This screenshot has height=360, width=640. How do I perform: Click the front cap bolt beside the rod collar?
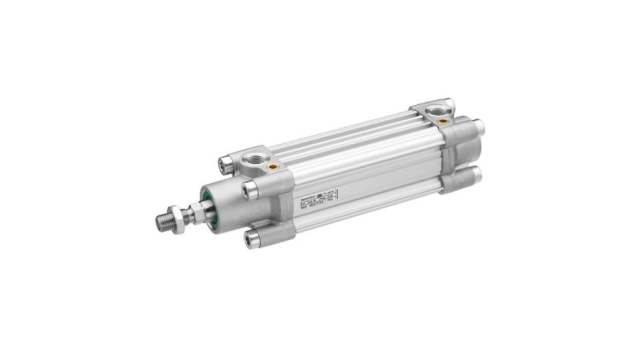(x=248, y=188)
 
